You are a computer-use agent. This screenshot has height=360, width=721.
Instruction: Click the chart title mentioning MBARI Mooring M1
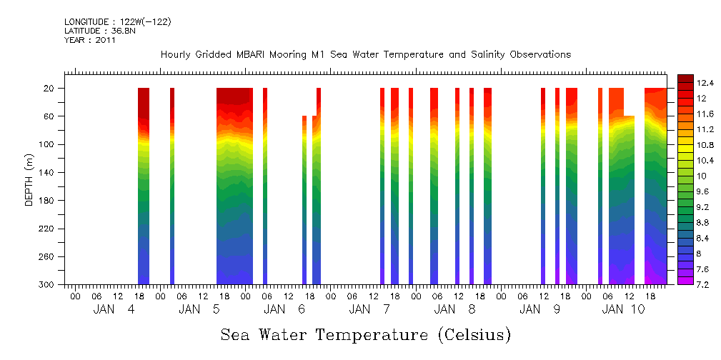[x=365, y=55]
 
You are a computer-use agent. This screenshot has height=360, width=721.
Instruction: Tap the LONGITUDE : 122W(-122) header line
[x=117, y=22]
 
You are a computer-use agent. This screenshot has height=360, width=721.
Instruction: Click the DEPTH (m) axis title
[x=29, y=179]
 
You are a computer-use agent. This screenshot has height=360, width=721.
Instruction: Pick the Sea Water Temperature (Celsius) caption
[x=365, y=334]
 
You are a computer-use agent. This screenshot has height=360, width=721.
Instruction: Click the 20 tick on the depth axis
[x=49, y=88]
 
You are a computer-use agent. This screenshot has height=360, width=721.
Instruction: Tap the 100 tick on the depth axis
[x=47, y=144]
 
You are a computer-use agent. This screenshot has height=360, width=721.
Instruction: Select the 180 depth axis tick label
[x=47, y=201]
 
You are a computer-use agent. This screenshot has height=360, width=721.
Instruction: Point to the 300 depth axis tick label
[x=47, y=285]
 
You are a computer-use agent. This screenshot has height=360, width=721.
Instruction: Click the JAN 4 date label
[x=114, y=309]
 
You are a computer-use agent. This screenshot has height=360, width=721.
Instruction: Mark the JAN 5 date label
[x=199, y=309]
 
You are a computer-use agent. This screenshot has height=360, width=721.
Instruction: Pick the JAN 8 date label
[x=455, y=309]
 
